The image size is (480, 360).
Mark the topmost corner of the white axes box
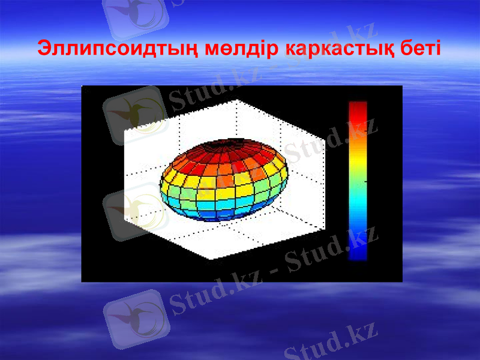238,100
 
